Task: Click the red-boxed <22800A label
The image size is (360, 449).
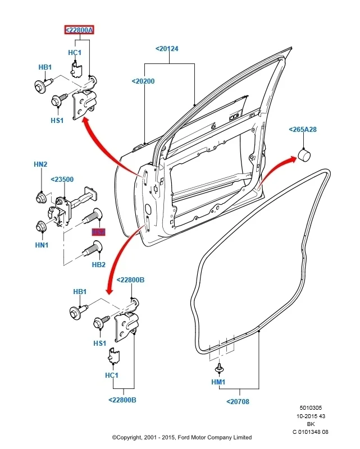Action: pos(79,30)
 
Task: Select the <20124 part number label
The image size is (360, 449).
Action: pos(167,49)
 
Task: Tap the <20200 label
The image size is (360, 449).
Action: pos(143,81)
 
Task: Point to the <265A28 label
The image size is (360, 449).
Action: pos(303,130)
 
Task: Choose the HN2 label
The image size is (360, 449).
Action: pos(40,164)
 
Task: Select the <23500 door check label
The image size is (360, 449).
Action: pos(62,180)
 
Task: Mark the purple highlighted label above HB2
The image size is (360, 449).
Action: pos(99,232)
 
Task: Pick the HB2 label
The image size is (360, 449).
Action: pos(98,264)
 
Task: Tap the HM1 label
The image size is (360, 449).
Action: pos(218,382)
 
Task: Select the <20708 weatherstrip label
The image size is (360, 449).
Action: pos(238,401)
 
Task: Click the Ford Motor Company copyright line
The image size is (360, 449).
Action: pos(181,437)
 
